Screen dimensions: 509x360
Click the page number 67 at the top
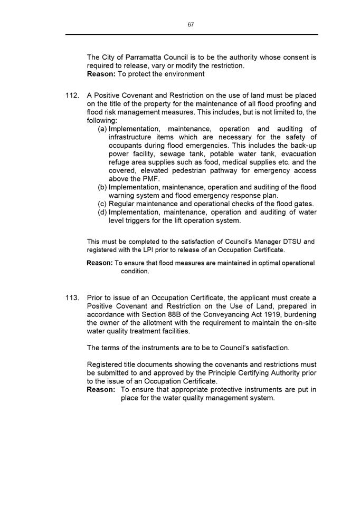pyautogui.click(x=191, y=24)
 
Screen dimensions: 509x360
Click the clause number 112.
pyautogui.click(x=72, y=95)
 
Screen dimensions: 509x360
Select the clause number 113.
pyautogui.click(x=72, y=298)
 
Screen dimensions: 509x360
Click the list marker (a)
pyautogui.click(x=103, y=129)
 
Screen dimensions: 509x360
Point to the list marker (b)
pyautogui.click(x=103, y=187)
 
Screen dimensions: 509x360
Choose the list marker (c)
pyautogui.click(x=103, y=204)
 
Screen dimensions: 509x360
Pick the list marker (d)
pyautogui.click(x=103, y=213)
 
